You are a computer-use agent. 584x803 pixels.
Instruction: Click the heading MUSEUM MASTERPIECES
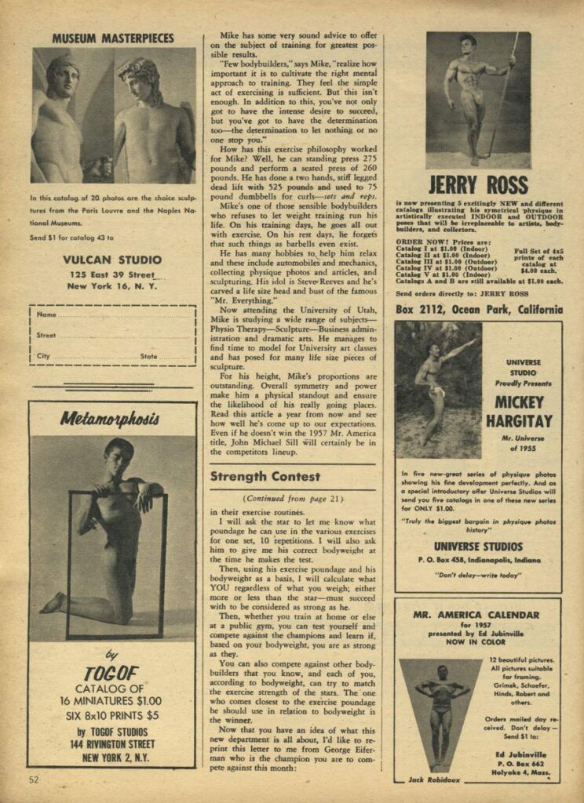coord(113,38)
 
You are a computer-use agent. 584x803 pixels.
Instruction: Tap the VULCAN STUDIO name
coord(111,260)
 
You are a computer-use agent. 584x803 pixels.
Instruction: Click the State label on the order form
coord(149,355)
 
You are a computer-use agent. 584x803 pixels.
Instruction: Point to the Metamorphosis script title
coord(110,419)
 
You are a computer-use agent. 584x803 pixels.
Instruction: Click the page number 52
coord(34,779)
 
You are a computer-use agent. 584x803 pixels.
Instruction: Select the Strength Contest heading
coord(265,476)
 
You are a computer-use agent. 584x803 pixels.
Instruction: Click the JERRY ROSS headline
coord(478,186)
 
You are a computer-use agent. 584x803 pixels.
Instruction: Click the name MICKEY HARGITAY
coord(513,412)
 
